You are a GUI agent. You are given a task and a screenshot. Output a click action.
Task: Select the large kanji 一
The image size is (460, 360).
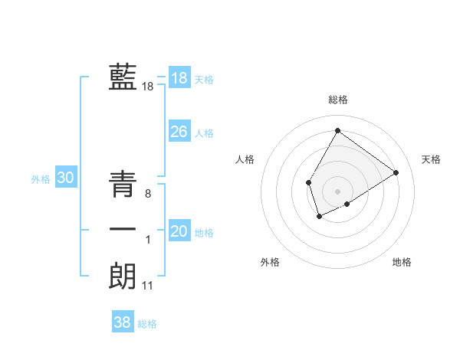click(x=123, y=230)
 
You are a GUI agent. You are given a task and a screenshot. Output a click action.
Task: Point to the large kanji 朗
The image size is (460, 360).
click(x=123, y=276)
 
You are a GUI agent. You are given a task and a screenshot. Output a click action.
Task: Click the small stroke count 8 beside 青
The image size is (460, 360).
click(x=147, y=195)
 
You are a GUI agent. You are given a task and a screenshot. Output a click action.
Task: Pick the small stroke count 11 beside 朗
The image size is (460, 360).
click(x=148, y=286)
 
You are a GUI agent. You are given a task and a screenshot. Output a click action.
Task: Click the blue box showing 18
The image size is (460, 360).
click(x=179, y=78)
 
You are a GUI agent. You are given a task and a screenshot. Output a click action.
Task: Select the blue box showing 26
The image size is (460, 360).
click(x=179, y=132)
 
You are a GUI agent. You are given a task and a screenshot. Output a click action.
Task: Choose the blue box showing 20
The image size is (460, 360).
click(x=179, y=231)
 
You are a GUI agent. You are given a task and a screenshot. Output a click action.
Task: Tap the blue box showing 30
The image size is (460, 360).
click(x=65, y=178)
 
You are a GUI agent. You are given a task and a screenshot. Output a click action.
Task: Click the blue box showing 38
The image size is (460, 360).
click(x=122, y=322)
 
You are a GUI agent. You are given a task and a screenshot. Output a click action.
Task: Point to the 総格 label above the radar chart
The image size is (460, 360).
click(x=337, y=100)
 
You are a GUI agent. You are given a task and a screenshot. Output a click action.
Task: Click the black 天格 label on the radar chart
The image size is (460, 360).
click(x=431, y=159)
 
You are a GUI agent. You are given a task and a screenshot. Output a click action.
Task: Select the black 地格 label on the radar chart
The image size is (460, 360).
click(x=402, y=262)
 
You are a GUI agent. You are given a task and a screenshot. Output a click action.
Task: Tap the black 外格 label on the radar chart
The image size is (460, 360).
click(x=270, y=262)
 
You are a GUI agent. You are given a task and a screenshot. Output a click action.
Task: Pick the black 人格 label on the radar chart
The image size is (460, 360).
click(x=245, y=159)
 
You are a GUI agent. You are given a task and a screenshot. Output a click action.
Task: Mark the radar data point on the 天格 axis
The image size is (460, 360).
click(x=396, y=172)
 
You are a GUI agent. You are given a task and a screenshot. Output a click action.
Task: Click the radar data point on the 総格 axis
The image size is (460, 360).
click(x=337, y=130)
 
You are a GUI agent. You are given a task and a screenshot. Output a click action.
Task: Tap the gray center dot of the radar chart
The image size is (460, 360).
click(x=337, y=191)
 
